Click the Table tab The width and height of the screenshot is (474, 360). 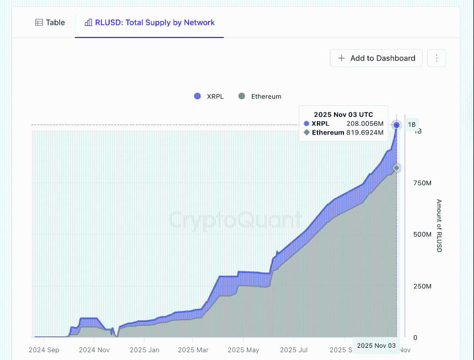coord(50,23)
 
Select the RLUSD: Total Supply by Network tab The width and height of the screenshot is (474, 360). coord(149,23)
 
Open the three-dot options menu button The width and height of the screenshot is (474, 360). coord(437,58)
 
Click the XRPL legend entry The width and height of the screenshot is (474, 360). coord(209,96)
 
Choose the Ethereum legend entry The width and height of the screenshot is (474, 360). coord(260,96)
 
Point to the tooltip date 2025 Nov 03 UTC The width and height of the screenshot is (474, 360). coord(343,115)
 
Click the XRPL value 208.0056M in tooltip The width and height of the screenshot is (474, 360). coord(364,123)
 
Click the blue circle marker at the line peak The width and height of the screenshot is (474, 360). coord(396,125)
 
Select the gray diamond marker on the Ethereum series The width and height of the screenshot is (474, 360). coord(396,168)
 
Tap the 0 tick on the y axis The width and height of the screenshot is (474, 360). coord(415,337)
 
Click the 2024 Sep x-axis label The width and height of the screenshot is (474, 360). coord(44,350)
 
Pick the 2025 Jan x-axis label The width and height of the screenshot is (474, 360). coord(144,350)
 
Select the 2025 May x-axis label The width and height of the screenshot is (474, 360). coord(243,350)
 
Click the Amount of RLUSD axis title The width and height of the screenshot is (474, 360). coord(439,225)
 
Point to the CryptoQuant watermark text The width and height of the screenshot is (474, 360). coord(235,220)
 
